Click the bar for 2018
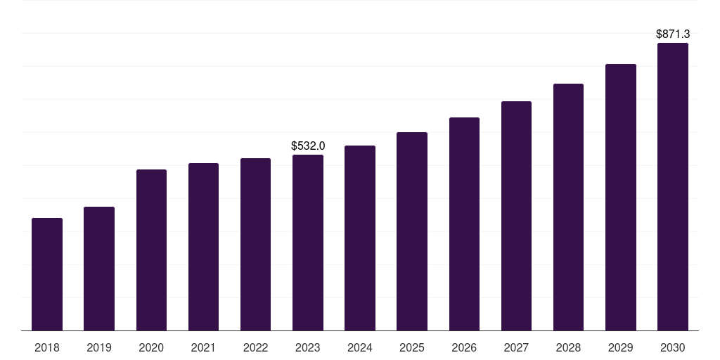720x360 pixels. pos(47,274)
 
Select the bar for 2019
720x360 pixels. pos(99,269)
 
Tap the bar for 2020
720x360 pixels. pos(151,250)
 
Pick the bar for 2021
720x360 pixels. pos(203,247)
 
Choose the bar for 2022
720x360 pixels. pos(255,244)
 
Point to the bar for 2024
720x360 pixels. pos(360,238)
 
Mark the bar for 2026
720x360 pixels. pos(464,224)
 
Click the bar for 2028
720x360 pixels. pos(568,207)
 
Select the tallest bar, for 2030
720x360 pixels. pos(672,186)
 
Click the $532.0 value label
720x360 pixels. pos(308,146)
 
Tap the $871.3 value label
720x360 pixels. pos(672,34)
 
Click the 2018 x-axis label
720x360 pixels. pos(47,347)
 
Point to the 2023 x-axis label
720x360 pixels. pos(308,347)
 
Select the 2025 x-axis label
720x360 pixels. pos(412,347)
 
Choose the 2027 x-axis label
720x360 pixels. pos(516,347)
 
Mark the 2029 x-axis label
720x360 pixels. pos(620,347)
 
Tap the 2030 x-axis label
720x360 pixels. pos(672,347)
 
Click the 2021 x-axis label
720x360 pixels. pos(203,347)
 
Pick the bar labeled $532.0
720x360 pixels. pos(308,243)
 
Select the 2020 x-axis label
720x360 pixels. pos(151,347)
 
